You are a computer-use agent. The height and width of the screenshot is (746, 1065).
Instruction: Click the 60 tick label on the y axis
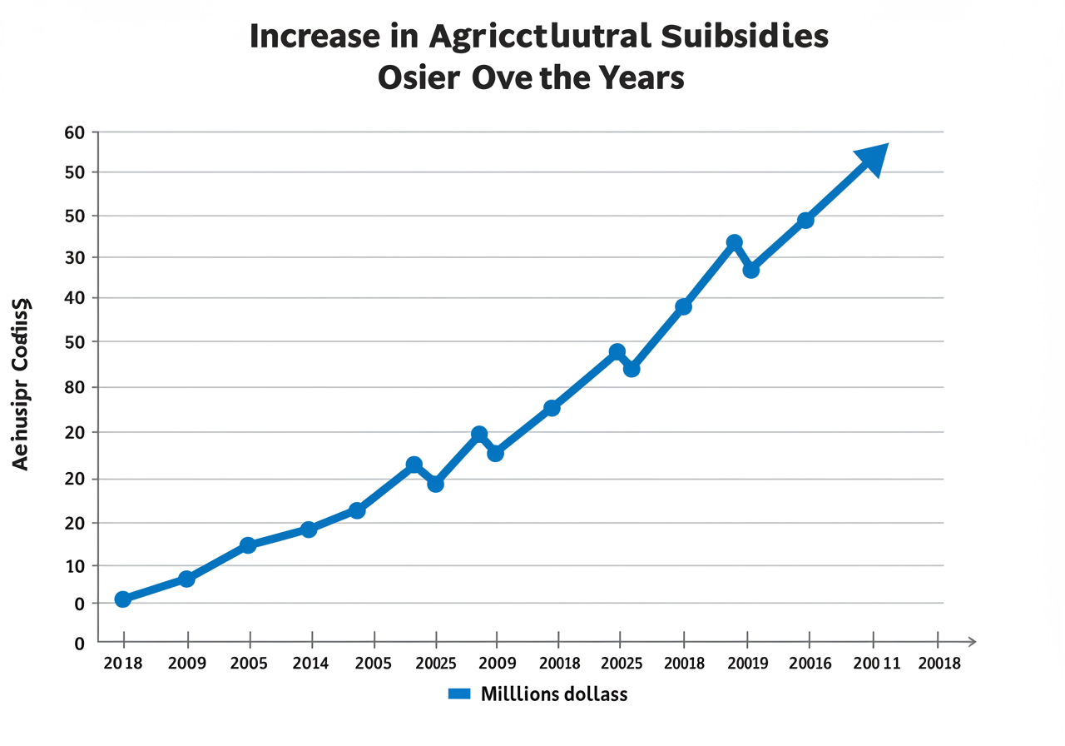point(75,132)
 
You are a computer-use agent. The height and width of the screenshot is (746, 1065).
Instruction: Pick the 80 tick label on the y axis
point(75,388)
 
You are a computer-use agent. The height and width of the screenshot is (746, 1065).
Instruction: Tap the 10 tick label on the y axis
point(75,567)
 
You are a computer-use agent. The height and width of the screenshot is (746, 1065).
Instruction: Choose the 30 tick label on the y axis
point(75,257)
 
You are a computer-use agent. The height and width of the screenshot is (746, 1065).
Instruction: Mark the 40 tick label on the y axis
point(75,298)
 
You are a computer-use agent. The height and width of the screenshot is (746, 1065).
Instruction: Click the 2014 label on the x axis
point(312,664)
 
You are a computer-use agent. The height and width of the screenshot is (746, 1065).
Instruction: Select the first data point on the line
point(123,599)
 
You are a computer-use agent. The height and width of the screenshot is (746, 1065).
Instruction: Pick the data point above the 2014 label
point(309,530)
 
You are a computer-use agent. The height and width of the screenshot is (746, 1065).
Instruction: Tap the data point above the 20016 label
point(805,221)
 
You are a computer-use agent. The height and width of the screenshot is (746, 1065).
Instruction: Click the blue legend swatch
point(459,694)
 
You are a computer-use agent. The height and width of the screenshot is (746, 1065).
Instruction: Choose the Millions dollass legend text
point(554,694)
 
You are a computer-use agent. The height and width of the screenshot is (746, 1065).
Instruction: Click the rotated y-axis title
point(22,384)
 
